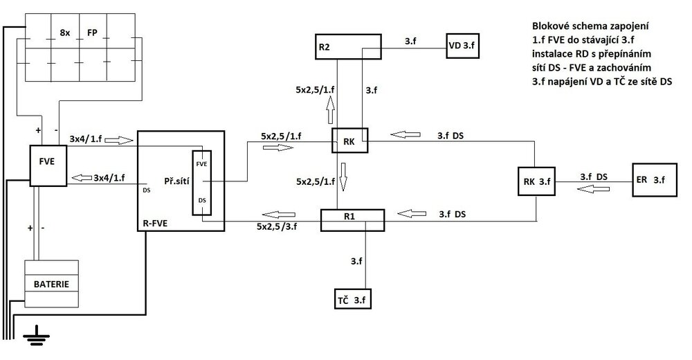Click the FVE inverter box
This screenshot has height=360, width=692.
pos(48,165)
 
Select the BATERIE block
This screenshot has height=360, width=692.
pos(52,284)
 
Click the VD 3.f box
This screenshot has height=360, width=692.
pos(462,46)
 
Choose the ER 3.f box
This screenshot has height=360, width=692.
pos(655,180)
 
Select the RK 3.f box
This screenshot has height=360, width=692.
pos(536,181)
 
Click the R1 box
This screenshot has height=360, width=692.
pos(352,220)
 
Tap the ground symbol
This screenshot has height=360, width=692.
pos(36,336)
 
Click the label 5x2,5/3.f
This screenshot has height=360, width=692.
pos(277,226)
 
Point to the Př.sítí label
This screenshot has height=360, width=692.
pos(176,181)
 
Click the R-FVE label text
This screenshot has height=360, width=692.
pos(155,224)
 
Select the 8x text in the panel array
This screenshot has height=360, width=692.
pos(65,33)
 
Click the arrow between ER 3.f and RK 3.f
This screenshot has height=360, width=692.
pos(593,188)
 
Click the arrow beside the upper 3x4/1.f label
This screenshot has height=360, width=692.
pos(119,141)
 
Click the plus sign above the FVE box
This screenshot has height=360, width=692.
pos(38,130)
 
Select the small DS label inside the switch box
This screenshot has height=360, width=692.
pos(202,200)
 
